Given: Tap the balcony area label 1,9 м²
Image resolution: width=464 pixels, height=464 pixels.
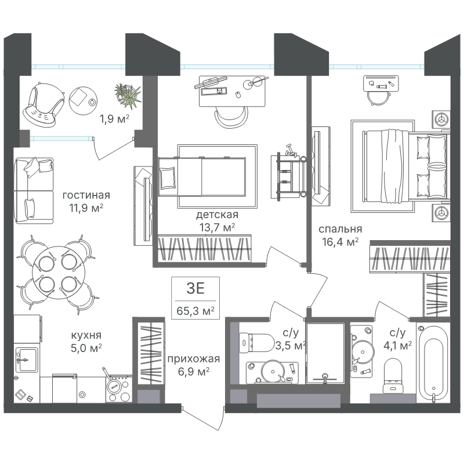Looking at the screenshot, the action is click(x=114, y=119).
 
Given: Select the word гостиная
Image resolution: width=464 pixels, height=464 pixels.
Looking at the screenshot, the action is click(x=86, y=195).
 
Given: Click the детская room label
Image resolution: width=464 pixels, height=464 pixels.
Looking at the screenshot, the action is click(x=217, y=215).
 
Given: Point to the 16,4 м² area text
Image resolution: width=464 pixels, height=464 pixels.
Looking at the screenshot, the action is click(x=340, y=242).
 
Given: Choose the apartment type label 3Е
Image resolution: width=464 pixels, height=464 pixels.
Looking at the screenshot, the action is click(x=195, y=288).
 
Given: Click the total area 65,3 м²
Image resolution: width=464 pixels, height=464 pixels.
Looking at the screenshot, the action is click(x=195, y=311).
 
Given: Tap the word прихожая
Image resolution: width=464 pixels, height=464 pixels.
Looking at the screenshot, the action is click(x=194, y=359).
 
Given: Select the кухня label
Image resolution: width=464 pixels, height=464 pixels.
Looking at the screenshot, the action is click(x=86, y=335).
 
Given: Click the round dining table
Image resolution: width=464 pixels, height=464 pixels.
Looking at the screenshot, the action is click(x=59, y=272).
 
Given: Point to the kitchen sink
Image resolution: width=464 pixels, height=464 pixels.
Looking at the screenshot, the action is click(x=27, y=359).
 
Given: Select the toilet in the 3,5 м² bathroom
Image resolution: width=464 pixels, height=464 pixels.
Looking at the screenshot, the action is click(x=256, y=343).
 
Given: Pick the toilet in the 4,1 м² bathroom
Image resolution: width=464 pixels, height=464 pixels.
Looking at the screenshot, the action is click(x=393, y=376).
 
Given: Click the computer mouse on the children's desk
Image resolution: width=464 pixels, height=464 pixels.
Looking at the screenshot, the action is click(x=237, y=95).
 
